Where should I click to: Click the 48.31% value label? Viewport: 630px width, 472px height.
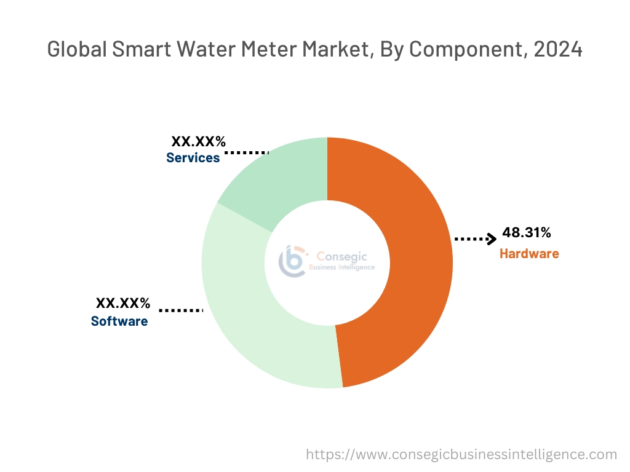[527, 232]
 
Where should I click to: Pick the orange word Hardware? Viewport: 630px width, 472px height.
[529, 253]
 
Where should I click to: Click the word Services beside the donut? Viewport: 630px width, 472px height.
[193, 158]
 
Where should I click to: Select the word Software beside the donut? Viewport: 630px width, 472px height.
[119, 321]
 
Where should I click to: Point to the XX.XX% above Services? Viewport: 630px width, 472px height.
[198, 142]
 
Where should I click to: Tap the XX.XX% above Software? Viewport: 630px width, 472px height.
[123, 303]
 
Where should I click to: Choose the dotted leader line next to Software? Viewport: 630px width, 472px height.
[181, 310]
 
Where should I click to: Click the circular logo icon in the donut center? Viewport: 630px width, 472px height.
[292, 261]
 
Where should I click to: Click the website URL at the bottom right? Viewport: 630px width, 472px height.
[461, 454]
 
